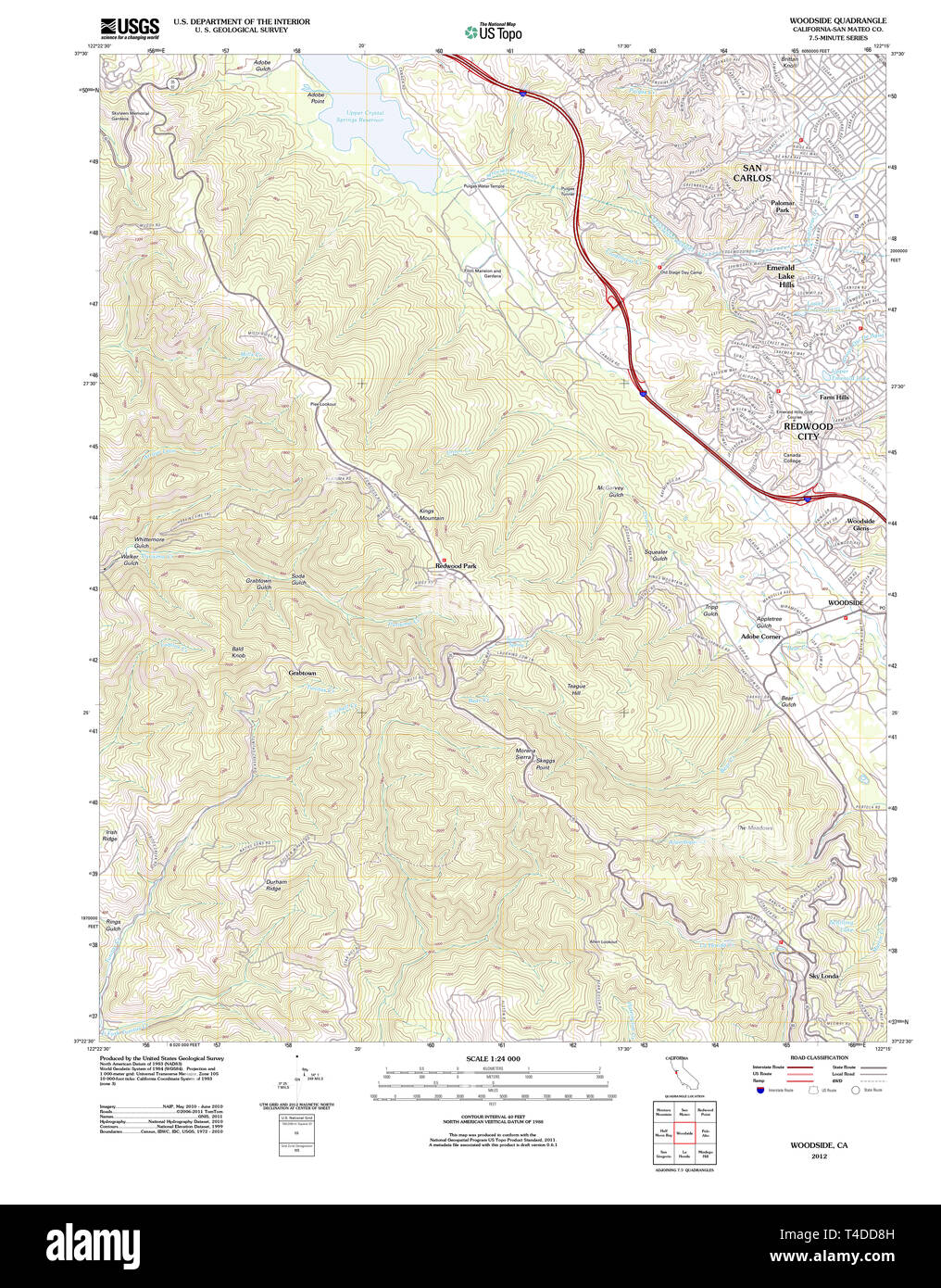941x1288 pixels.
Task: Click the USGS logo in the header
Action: pyautogui.click(x=129, y=27)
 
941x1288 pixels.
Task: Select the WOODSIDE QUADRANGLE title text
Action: pyautogui.click(x=837, y=20)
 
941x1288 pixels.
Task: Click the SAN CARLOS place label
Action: pyautogui.click(x=752, y=173)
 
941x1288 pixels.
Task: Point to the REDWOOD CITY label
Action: pyautogui.click(x=808, y=431)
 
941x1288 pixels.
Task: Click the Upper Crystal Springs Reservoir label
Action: pyautogui.click(x=359, y=117)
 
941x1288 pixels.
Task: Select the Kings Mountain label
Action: pyautogui.click(x=431, y=514)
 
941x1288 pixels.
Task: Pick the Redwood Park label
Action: pyautogui.click(x=456, y=565)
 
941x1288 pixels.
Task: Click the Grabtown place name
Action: pyautogui.click(x=302, y=673)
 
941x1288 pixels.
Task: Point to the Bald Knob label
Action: pyautogui.click(x=238, y=652)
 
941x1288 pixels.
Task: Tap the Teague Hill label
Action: pyautogui.click(x=576, y=689)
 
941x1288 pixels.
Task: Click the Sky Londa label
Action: pyautogui.click(x=823, y=976)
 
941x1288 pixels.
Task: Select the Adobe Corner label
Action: pyautogui.click(x=760, y=637)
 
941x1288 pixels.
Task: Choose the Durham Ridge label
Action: pyautogui.click(x=275, y=885)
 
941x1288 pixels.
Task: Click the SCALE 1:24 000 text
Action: pyautogui.click(x=493, y=1058)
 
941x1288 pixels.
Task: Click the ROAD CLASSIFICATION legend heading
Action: pyautogui.click(x=819, y=1057)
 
